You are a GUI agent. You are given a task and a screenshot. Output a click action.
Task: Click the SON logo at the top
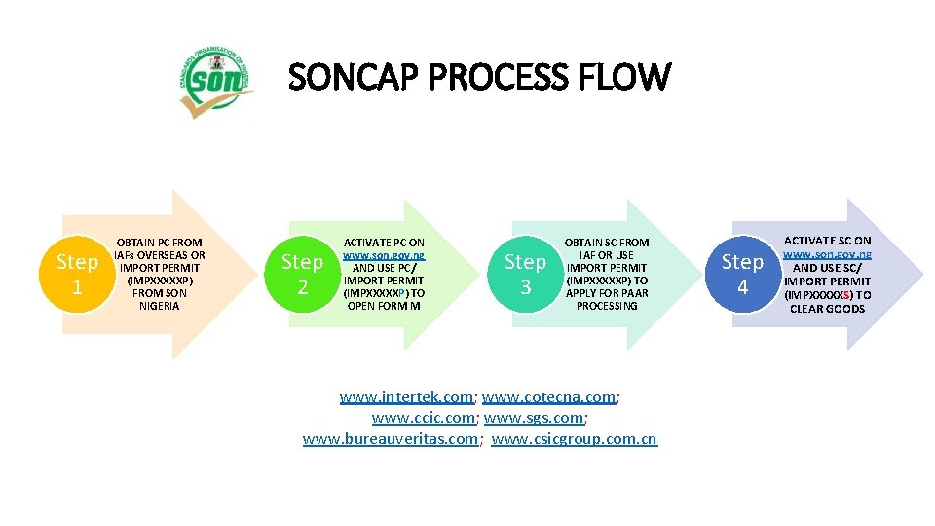[216, 86]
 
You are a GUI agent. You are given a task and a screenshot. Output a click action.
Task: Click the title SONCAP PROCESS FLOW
[479, 77]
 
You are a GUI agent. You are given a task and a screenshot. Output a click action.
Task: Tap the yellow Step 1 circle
[77, 275]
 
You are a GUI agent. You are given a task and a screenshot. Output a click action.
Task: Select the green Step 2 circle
[302, 274]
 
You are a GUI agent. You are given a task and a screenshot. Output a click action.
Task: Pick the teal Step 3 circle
[525, 274]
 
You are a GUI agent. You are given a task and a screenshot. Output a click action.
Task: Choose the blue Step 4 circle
[742, 274]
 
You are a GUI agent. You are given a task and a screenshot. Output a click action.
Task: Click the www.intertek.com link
[406, 396]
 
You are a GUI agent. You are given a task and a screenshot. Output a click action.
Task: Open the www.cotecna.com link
[549, 396]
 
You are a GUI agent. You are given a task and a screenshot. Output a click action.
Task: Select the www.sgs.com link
[534, 418]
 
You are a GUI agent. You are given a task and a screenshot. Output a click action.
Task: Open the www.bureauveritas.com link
[391, 439]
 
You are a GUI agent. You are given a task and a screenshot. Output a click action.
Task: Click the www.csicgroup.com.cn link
[574, 439]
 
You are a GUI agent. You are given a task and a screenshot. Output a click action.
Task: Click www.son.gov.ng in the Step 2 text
[384, 254]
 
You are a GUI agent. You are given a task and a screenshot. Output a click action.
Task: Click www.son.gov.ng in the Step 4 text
[828, 253]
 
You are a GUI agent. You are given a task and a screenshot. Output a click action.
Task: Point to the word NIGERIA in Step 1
[160, 306]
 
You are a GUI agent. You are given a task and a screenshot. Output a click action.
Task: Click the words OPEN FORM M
[384, 306]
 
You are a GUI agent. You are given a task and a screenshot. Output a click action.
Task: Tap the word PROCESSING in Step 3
[607, 306]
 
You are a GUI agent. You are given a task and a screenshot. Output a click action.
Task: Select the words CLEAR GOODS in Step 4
[828, 309]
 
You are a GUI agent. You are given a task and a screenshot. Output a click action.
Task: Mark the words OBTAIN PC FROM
[160, 243]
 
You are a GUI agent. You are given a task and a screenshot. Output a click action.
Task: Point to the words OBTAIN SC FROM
[607, 243]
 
